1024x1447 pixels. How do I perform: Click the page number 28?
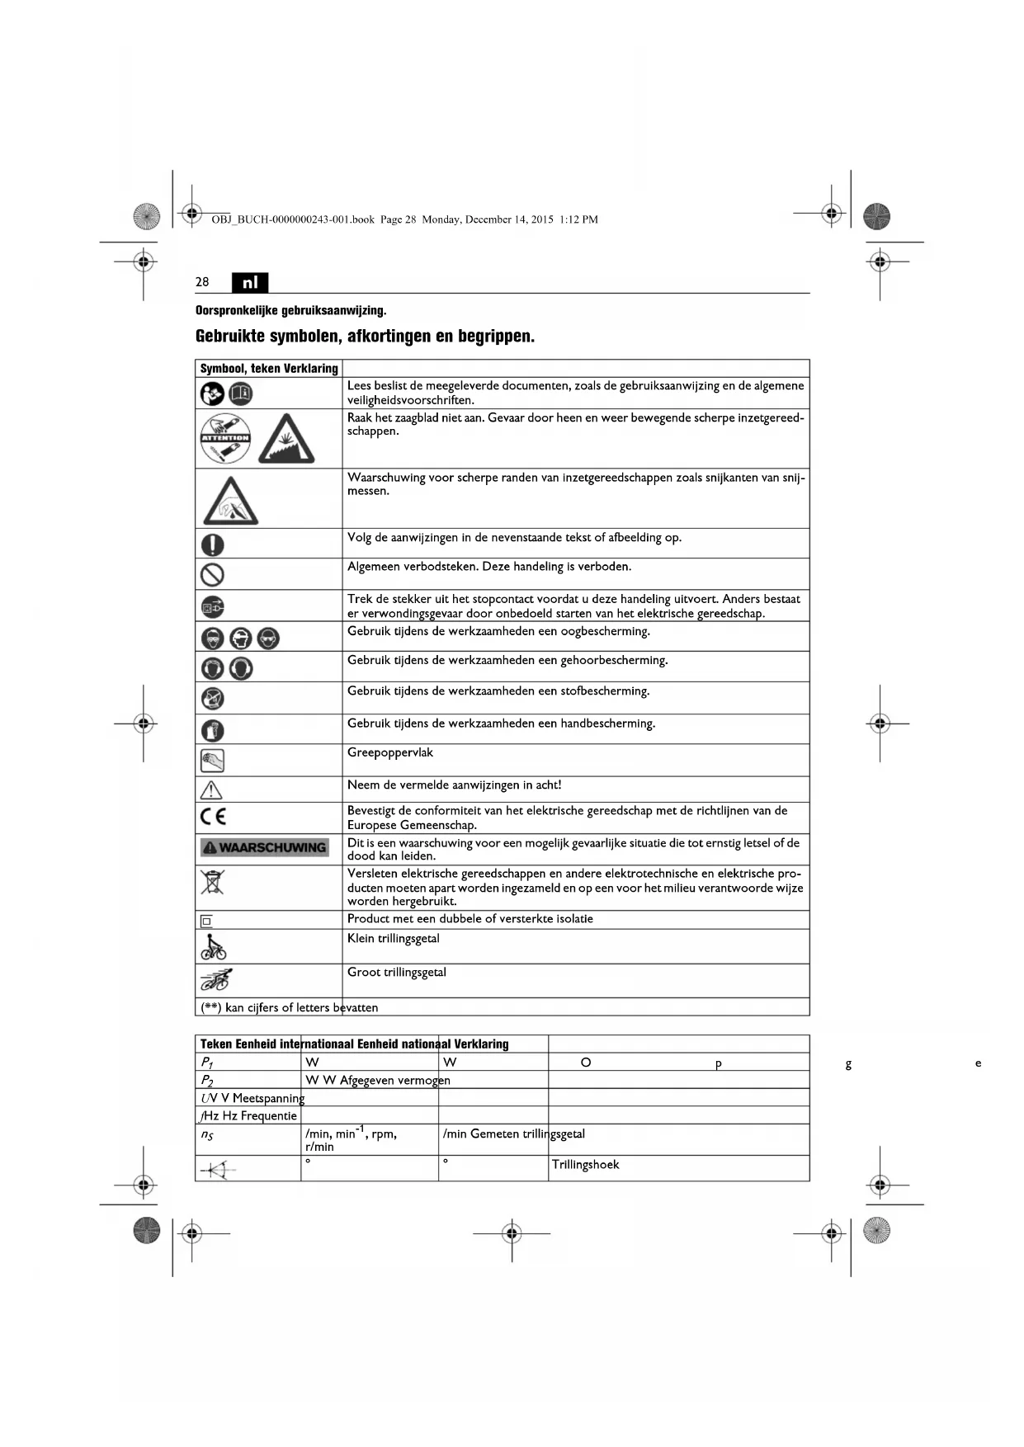click(x=202, y=282)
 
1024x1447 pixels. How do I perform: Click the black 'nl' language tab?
click(x=250, y=282)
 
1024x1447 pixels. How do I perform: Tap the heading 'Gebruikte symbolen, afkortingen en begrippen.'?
click(x=365, y=337)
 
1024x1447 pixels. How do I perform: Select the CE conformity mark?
click(x=213, y=817)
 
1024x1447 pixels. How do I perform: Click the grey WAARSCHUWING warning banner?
click(x=264, y=847)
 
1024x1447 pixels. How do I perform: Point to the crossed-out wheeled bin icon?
click(x=212, y=881)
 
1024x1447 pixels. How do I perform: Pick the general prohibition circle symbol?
click(x=212, y=573)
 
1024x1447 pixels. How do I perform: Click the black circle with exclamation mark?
click(x=212, y=544)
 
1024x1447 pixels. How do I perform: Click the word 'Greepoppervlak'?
click(x=389, y=752)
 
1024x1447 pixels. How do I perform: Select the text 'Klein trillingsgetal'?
click(x=393, y=939)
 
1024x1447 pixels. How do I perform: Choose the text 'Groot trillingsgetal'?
click(x=396, y=973)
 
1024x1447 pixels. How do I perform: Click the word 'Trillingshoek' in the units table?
click(x=585, y=1165)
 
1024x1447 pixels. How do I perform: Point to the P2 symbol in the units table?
click(x=207, y=1081)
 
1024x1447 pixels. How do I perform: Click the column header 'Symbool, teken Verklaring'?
click(x=269, y=369)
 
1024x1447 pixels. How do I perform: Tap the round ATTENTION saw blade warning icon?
click(x=225, y=438)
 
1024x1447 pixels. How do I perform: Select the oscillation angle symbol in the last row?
click(x=217, y=1169)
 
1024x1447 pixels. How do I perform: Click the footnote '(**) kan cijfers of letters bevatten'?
click(x=289, y=1007)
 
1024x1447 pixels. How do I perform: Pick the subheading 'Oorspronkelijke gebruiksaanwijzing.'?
click(x=290, y=311)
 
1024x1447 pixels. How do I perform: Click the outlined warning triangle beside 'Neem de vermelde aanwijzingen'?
click(x=211, y=789)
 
